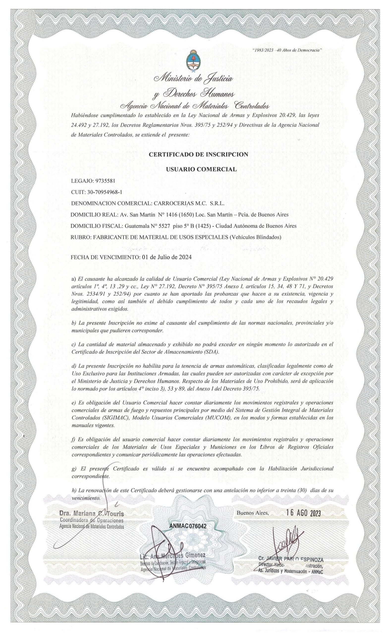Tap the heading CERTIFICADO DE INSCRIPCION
(198, 154)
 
